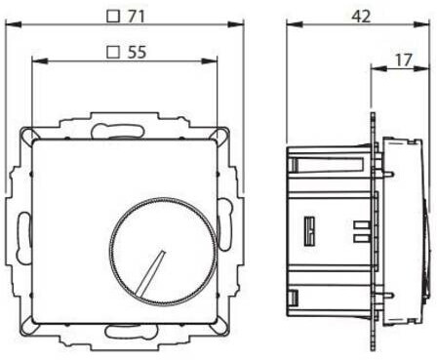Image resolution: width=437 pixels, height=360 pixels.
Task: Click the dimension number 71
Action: click(x=136, y=16)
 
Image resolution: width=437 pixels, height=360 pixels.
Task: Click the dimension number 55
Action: click(x=137, y=52)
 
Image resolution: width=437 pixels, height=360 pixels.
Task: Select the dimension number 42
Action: click(x=361, y=16)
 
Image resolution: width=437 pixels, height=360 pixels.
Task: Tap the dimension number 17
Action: click(x=404, y=60)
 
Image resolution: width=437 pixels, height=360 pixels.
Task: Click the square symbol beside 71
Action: click(x=113, y=17)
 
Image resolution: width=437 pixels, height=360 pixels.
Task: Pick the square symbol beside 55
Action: click(x=113, y=52)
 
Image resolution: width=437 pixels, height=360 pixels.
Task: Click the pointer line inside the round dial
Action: click(x=151, y=272)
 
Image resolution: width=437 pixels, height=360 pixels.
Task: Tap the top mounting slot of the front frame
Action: click(x=118, y=131)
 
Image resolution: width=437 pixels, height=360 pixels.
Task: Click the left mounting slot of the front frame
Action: click(x=22, y=236)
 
